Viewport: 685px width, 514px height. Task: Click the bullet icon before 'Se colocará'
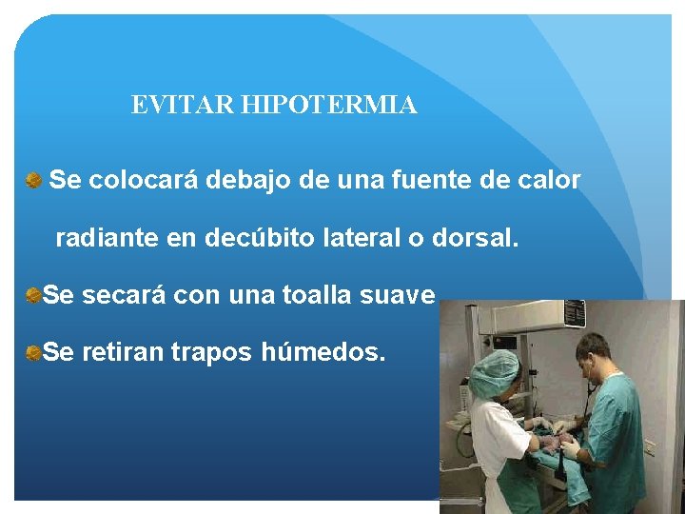pos(34,179)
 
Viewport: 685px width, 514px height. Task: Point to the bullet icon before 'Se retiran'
pos(33,353)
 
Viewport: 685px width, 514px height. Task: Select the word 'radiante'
pos(107,238)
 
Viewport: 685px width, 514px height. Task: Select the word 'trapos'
pos(211,354)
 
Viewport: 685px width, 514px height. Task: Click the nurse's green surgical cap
pos(494,372)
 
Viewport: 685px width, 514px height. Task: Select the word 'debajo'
pos(250,180)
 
